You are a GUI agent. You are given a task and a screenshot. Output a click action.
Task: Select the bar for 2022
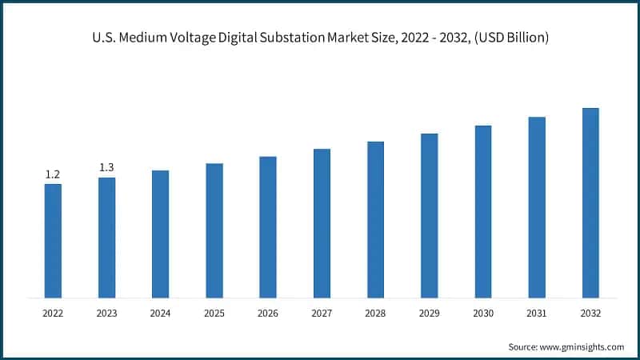(53, 241)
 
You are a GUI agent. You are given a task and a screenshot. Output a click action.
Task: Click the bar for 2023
(106, 238)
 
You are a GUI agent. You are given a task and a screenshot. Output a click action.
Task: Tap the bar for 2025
(214, 230)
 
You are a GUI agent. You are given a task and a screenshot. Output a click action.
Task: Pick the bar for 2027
(322, 223)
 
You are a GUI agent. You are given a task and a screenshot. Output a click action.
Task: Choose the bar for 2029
(430, 215)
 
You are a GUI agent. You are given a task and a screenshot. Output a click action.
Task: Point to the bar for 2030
(483, 211)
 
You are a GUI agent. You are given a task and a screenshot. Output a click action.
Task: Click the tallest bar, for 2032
(590, 202)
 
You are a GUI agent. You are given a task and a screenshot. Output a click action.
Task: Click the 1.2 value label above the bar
(53, 174)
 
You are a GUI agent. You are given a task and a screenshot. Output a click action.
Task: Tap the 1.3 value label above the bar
(106, 167)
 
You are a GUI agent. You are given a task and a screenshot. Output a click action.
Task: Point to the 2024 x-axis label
(160, 314)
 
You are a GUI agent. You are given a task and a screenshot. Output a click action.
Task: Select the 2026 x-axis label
(268, 314)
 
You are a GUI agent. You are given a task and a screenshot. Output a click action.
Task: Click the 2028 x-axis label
(375, 314)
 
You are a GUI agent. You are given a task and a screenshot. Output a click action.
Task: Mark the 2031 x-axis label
(537, 314)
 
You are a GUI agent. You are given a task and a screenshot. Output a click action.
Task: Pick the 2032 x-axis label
(590, 314)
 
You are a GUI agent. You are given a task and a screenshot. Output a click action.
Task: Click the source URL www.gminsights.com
(583, 346)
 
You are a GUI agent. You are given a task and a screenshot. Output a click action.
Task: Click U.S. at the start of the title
(102, 37)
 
